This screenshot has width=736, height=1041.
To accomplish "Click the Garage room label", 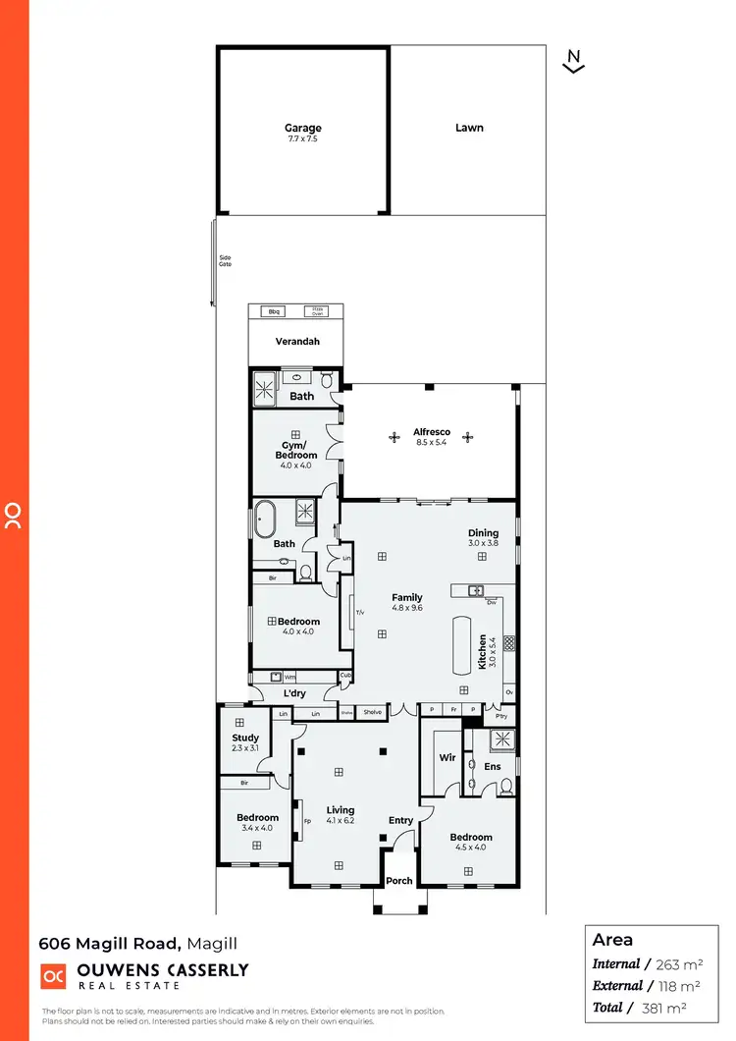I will coord(303,129).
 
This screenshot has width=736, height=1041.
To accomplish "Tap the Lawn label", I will coord(469,128).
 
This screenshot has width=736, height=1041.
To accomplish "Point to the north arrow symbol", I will coord(575,62).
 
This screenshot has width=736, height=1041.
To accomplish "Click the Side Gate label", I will coord(225,262).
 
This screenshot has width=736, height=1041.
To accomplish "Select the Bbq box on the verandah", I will coord(275,312).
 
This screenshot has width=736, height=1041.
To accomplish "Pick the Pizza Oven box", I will coord(317,311).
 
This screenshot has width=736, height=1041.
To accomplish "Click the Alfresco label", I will coord(432,432).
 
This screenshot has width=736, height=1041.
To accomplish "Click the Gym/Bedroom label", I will coord(296,451).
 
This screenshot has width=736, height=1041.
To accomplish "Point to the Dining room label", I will coord(483,534).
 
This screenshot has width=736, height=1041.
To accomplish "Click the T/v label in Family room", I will coord(360,613).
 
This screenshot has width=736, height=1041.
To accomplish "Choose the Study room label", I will coord(245,739).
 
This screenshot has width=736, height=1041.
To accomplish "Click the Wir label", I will coord(447,757).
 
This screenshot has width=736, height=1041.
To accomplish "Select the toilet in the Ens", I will coord(506,786).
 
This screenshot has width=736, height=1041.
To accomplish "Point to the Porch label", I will coord(399,881).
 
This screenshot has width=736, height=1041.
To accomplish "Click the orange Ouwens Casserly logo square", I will coord(53,976).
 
